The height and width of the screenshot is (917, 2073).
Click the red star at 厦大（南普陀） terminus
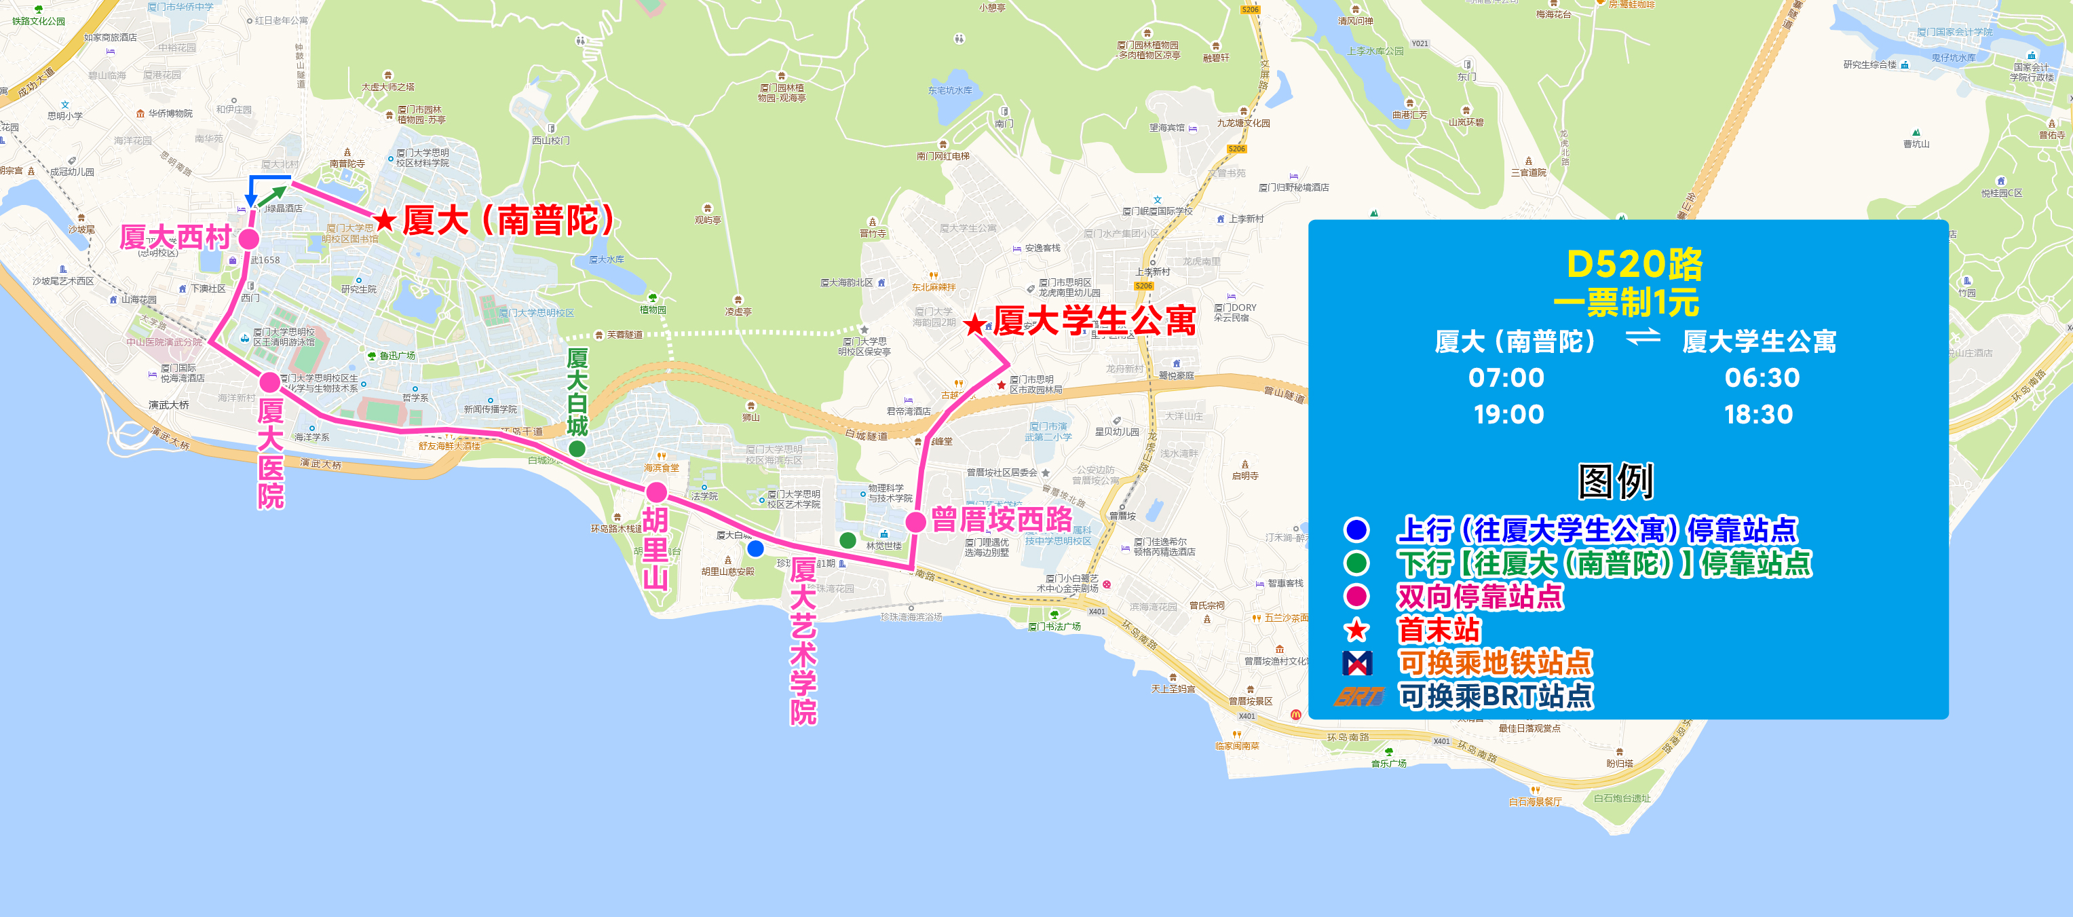(385, 220)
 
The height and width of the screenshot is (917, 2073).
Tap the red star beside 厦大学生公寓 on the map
(974, 325)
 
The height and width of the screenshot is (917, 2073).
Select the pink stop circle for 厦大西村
(248, 239)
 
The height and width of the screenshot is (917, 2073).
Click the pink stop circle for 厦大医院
(269, 381)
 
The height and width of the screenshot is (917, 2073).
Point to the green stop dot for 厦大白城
(577, 449)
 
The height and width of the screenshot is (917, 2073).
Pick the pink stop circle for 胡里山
(657, 492)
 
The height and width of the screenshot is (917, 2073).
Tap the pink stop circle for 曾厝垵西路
(915, 522)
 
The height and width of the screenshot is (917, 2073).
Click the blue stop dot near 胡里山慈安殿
(755, 549)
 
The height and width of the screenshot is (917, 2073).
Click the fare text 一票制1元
(1626, 303)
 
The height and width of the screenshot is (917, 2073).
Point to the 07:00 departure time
(1506, 377)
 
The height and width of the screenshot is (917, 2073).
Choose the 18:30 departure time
(1758, 415)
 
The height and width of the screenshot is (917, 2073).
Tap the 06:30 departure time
(1762, 377)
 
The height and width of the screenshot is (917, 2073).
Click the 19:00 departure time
(1508, 415)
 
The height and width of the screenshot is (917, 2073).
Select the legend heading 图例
(1615, 481)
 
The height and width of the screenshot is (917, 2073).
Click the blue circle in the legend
(1357, 529)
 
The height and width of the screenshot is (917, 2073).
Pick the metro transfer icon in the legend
(1357, 662)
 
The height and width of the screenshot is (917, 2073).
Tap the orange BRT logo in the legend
(1358, 696)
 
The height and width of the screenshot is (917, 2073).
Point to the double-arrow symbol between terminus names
(1643, 337)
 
